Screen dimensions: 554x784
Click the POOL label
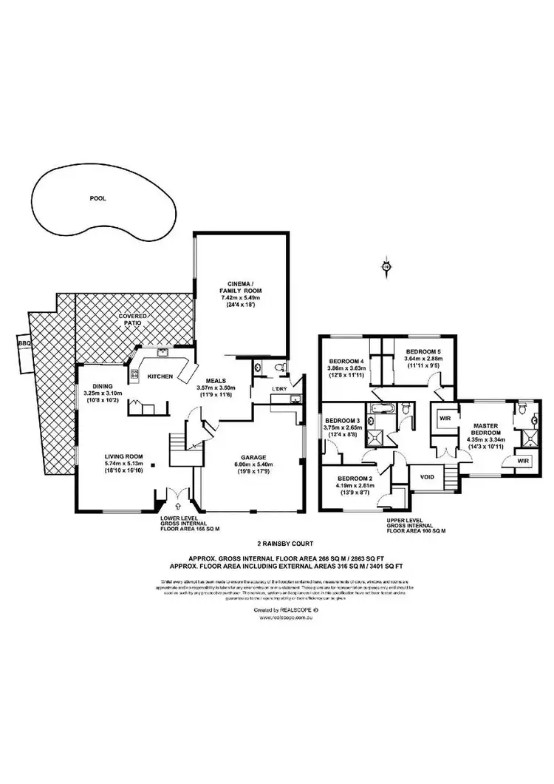(98, 198)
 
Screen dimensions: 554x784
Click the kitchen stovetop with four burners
(134, 375)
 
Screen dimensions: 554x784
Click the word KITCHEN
(160, 376)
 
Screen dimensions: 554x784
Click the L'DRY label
(279, 388)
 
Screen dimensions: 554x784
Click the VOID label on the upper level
(426, 477)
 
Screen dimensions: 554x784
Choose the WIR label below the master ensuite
(522, 461)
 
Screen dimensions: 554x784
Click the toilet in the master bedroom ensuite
(522, 410)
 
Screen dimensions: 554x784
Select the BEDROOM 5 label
(423, 352)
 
